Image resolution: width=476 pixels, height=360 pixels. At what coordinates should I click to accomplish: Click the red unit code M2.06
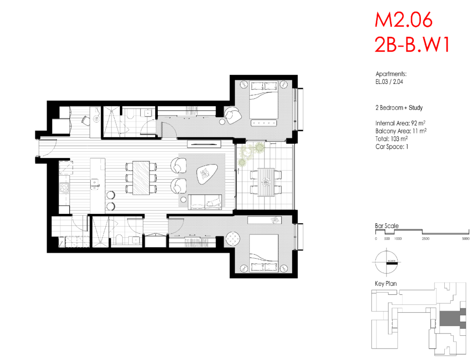pyautogui.click(x=403, y=20)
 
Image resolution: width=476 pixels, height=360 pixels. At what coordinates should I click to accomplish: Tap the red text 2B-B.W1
pyautogui.click(x=412, y=45)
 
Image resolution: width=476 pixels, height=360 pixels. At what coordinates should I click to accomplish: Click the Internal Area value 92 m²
pyautogui.click(x=418, y=123)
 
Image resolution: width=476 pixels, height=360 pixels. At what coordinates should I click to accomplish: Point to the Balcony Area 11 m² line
pyautogui.click(x=401, y=131)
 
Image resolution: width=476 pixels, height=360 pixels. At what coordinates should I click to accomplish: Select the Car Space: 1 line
pyautogui.click(x=392, y=147)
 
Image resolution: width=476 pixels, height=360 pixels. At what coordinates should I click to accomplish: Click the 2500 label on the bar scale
pyautogui.click(x=425, y=239)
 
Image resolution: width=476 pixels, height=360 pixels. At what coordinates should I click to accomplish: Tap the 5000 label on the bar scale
pyautogui.click(x=466, y=239)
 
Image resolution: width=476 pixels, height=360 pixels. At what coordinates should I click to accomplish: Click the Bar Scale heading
pyautogui.click(x=387, y=226)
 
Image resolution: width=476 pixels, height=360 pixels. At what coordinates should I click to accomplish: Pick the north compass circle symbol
pyautogui.click(x=386, y=262)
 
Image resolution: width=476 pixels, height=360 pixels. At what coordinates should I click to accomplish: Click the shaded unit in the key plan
pyautogui.click(x=452, y=318)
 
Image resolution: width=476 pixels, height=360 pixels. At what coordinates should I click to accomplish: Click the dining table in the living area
pyautogui.click(x=141, y=178)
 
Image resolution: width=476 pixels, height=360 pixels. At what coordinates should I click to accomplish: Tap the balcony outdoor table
pyautogui.click(x=266, y=182)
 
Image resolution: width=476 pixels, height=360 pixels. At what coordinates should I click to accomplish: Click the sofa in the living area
pyautogui.click(x=205, y=202)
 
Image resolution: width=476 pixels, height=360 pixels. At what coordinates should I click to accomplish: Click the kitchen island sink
pyautogui.click(x=95, y=184)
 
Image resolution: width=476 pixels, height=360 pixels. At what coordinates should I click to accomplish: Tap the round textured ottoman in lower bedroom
pyautogui.click(x=233, y=239)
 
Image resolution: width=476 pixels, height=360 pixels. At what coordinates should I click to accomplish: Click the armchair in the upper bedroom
pyautogui.click(x=233, y=116)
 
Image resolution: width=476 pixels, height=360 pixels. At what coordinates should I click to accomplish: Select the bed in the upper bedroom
pyautogui.click(x=264, y=100)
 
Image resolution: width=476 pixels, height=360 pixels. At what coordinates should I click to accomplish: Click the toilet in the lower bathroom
pyautogui.click(x=119, y=239)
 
